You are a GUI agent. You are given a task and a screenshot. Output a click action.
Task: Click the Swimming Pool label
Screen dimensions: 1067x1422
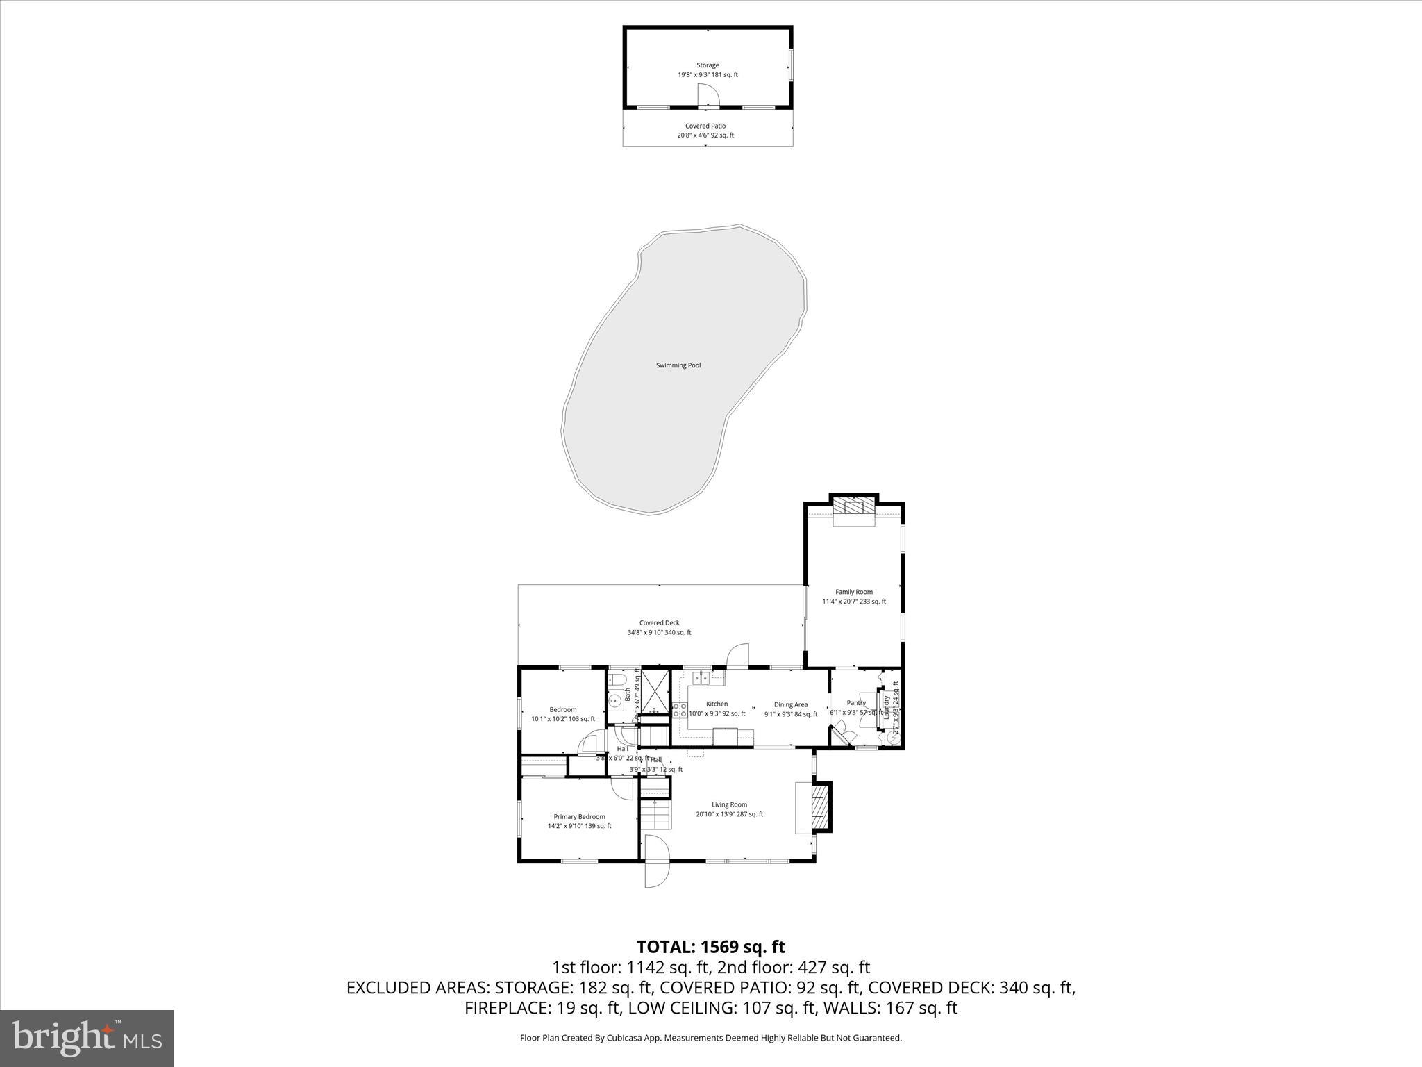pyautogui.click(x=678, y=365)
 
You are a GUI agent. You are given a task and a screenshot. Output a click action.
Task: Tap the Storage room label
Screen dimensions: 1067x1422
pyautogui.click(x=708, y=65)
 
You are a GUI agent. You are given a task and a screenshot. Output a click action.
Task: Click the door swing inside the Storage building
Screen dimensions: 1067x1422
pyautogui.click(x=708, y=96)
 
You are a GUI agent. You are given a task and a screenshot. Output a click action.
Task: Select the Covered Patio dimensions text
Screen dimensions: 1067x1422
pyautogui.click(x=705, y=135)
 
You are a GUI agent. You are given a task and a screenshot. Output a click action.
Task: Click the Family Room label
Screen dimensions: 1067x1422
pyautogui.click(x=854, y=592)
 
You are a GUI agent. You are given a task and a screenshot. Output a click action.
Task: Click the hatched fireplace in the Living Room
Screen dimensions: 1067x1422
pyautogui.click(x=821, y=807)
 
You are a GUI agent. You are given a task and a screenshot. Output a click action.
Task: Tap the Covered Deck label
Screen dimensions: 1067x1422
pyautogui.click(x=660, y=623)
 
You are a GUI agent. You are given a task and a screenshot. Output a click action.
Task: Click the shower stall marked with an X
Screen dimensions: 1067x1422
pyautogui.click(x=653, y=691)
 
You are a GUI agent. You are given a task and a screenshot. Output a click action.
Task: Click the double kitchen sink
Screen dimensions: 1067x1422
pyautogui.click(x=702, y=678)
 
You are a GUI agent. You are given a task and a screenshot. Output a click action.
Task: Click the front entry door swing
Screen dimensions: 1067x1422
pyautogui.click(x=655, y=861)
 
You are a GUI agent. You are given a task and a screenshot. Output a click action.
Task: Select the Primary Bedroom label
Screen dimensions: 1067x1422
pyautogui.click(x=579, y=817)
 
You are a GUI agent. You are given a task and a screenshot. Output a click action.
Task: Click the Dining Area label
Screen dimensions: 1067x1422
pyautogui.click(x=791, y=704)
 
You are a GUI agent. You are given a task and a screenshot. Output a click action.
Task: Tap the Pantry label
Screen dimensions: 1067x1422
pyautogui.click(x=856, y=703)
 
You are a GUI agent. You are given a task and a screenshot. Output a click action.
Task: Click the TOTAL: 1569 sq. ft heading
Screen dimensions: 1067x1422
pyautogui.click(x=711, y=947)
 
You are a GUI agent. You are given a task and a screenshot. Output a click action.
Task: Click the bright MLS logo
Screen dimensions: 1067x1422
pyautogui.click(x=87, y=1038)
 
